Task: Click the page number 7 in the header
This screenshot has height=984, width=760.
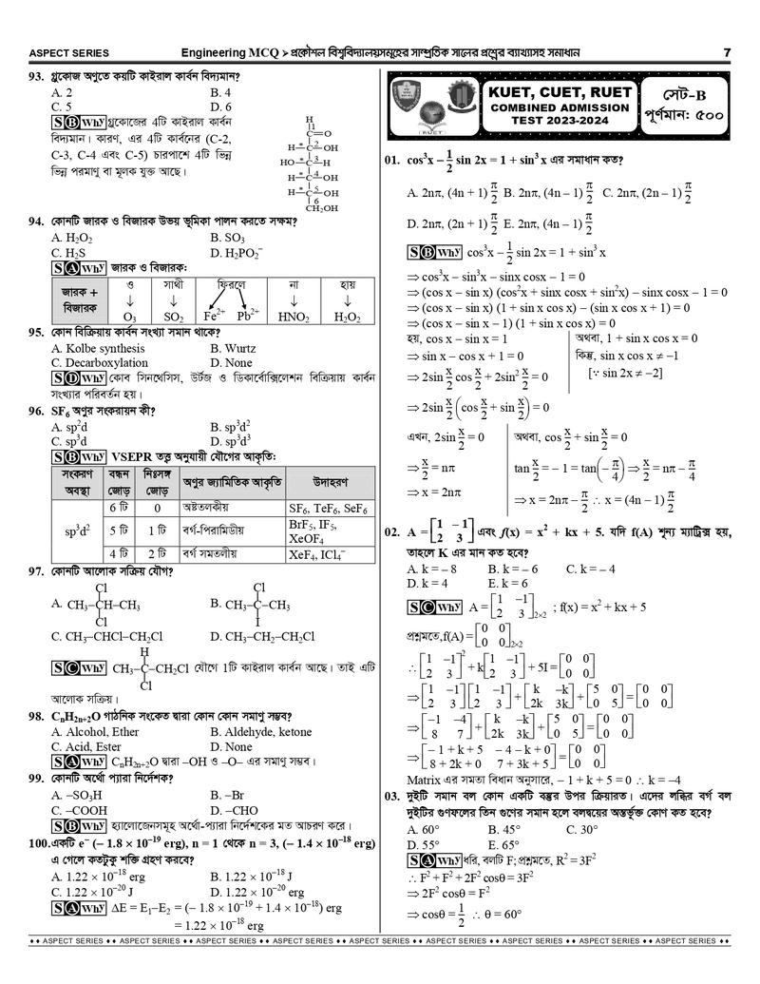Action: (x=726, y=52)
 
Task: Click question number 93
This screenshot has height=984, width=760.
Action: (x=38, y=77)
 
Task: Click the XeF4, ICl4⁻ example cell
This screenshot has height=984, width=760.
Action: (x=317, y=553)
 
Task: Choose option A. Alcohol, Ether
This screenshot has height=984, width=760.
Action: (x=95, y=732)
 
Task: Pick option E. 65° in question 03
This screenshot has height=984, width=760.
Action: (x=503, y=844)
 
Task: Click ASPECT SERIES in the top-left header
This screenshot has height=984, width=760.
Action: (x=69, y=52)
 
